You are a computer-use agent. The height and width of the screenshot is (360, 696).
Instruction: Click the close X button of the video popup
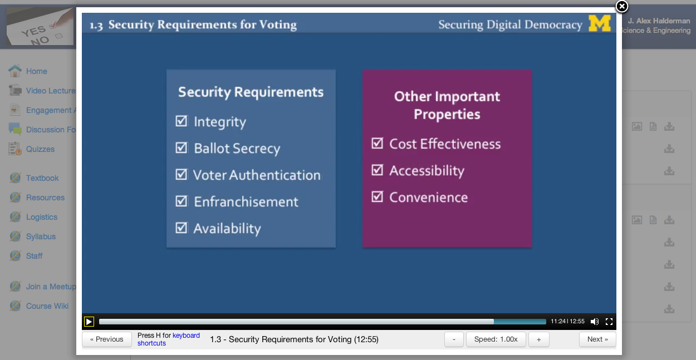click(x=622, y=6)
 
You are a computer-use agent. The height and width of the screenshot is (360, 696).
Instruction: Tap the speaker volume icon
click(x=595, y=322)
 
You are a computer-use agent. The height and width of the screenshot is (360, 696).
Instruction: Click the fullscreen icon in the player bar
click(x=609, y=322)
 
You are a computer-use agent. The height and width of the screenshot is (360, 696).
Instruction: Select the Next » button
click(x=597, y=339)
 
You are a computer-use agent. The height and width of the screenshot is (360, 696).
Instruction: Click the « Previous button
click(x=106, y=339)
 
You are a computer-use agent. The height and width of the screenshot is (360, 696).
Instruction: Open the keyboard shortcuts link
click(x=169, y=339)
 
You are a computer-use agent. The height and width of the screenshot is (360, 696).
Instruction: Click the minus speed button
click(x=454, y=339)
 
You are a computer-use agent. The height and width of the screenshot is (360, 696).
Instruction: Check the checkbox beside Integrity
click(x=182, y=121)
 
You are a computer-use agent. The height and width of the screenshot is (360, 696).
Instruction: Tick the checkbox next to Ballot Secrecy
click(x=182, y=148)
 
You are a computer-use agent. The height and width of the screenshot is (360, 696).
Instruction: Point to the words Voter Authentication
click(x=257, y=175)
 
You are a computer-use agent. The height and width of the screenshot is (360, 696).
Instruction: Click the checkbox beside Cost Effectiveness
click(x=377, y=143)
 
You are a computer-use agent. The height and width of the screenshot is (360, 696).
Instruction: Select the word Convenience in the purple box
click(x=429, y=197)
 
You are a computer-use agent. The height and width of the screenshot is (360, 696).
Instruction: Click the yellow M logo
click(x=600, y=23)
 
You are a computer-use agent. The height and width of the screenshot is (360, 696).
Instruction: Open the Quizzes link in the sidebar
click(x=40, y=149)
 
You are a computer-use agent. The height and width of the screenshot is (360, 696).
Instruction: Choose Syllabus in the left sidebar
click(x=41, y=236)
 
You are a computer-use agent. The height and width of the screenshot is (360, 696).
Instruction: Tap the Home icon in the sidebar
click(x=15, y=71)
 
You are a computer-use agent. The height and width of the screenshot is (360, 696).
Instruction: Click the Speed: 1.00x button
click(x=496, y=339)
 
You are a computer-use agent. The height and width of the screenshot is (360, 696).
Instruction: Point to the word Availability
click(x=227, y=229)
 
